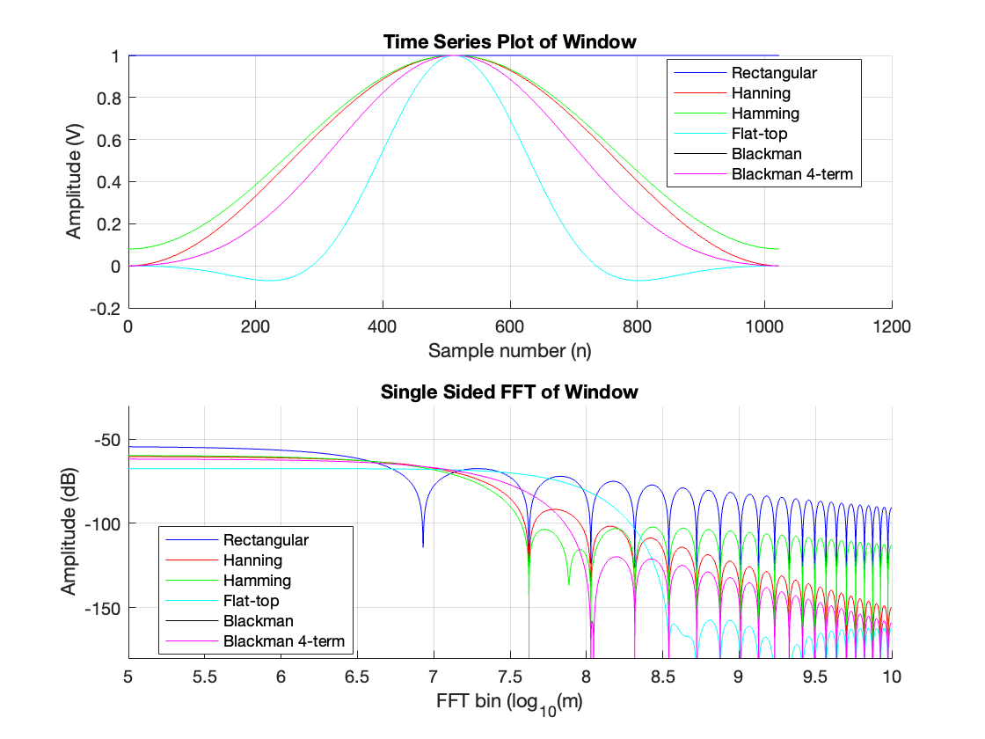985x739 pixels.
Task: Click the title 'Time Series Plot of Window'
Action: click(x=509, y=41)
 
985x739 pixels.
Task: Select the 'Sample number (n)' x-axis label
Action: click(x=509, y=351)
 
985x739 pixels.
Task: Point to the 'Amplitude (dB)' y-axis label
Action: click(x=69, y=532)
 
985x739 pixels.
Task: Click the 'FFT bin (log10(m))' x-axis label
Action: click(x=509, y=703)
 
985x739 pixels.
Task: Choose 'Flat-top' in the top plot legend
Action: click(x=759, y=134)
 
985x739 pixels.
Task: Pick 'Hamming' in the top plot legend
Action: click(x=765, y=113)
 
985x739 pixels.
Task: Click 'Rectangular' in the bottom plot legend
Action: click(x=266, y=539)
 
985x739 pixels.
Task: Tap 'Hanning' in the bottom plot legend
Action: click(x=252, y=560)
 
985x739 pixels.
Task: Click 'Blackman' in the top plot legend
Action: click(x=766, y=154)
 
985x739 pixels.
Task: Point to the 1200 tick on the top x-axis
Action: click(x=892, y=326)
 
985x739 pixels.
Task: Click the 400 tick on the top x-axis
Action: click(x=383, y=326)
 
